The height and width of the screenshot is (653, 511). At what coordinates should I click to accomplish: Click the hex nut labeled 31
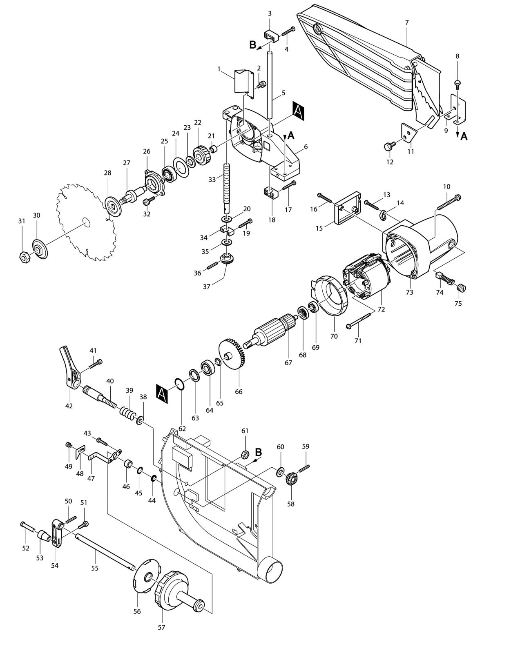23,257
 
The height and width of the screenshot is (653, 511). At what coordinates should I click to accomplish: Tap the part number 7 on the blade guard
406,22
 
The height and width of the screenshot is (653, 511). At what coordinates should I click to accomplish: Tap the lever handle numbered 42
70,368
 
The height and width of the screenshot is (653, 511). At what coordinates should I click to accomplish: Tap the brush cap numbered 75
461,289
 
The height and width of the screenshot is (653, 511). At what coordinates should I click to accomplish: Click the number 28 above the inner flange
107,173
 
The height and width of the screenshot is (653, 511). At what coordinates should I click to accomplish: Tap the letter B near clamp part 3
253,45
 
